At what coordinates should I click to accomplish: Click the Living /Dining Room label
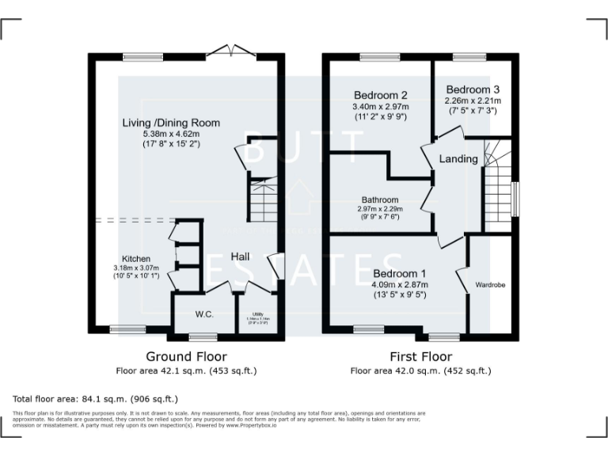tap(170, 123)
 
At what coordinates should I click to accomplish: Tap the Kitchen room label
tap(135, 259)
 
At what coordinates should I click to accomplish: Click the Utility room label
tap(257, 314)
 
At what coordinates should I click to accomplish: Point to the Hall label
tap(241, 256)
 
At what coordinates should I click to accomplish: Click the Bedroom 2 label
tap(381, 93)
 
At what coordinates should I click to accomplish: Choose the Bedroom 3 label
tap(473, 89)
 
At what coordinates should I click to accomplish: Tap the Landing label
tap(458, 159)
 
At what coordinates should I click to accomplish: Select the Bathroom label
tap(380, 200)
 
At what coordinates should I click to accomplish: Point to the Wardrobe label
tap(490, 284)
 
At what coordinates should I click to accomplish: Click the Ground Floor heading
tap(187, 357)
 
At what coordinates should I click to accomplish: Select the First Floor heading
tap(420, 357)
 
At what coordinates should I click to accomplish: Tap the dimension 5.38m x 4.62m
tap(170, 134)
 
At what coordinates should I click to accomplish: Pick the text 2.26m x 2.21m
tap(473, 101)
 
